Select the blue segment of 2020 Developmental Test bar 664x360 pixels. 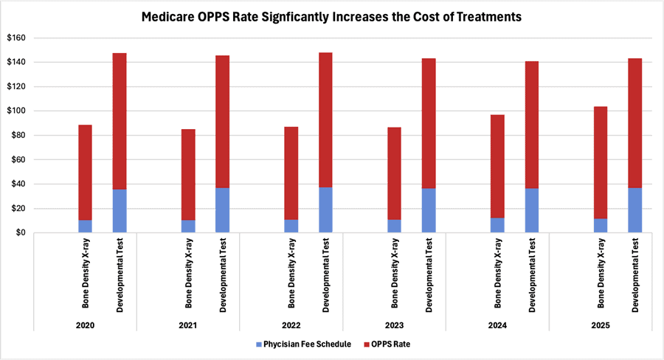[x=120, y=211]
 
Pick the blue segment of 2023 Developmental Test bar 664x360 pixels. [x=429, y=210]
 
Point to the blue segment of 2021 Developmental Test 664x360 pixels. [x=223, y=210]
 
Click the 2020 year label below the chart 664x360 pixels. [x=86, y=324]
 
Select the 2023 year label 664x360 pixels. [x=395, y=324]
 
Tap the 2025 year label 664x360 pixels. [x=601, y=324]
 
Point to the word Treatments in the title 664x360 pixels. [x=483, y=16]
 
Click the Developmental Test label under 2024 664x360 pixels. [x=532, y=274]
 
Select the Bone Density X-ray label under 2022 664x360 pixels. [x=291, y=274]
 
